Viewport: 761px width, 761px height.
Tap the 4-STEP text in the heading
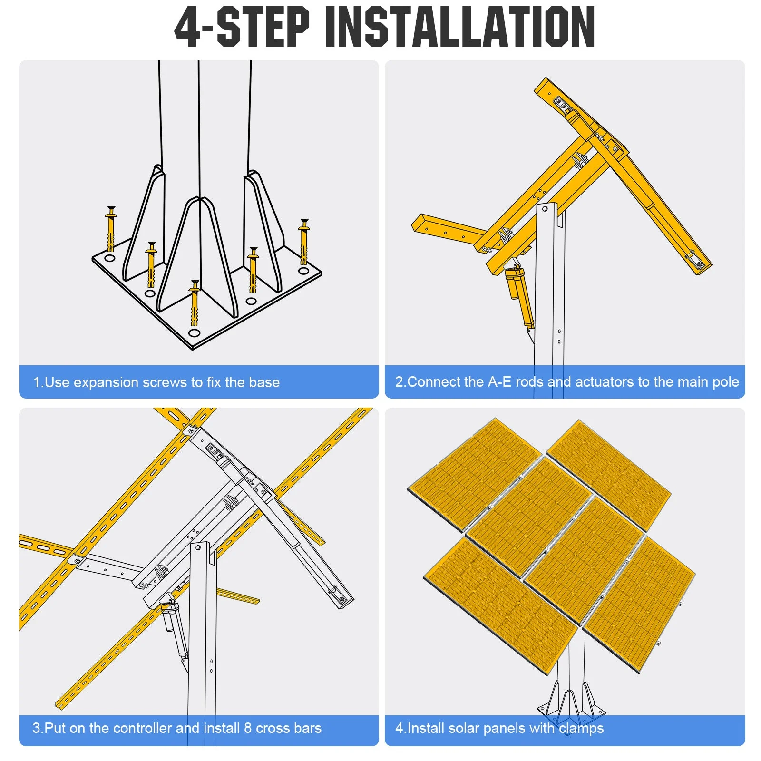pos(242,27)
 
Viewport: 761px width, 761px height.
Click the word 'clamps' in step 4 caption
pos(581,728)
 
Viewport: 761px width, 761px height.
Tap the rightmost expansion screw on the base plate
pos(304,242)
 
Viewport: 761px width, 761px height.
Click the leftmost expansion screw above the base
pos(111,229)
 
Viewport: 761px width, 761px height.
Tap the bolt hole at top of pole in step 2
pos(545,209)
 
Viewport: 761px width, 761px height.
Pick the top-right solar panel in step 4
pos(609,474)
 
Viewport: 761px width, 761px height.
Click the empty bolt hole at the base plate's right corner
pos(303,271)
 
